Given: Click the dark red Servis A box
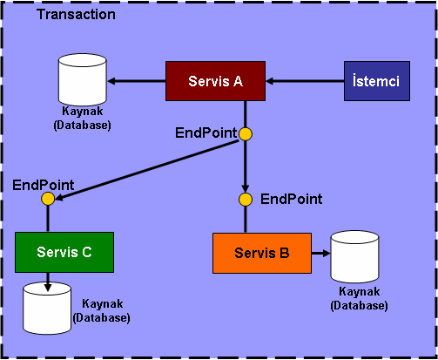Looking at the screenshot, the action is (215, 81).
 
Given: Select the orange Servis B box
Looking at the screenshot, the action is (262, 253).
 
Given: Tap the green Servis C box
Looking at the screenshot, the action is (64, 252).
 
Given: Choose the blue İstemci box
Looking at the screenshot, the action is (377, 81).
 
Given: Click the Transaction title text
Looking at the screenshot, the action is (76, 14).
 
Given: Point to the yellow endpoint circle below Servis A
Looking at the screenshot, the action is (246, 134).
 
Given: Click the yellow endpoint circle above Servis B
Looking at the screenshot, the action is (246, 200).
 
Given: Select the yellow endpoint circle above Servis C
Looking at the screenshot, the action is (48, 199).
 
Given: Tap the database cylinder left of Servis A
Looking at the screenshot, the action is (83, 79).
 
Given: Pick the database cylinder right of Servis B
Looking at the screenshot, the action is (355, 257).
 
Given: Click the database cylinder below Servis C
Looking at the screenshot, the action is (47, 309).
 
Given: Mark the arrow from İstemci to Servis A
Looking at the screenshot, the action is (305, 81).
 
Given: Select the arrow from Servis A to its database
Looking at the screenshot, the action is (137, 81).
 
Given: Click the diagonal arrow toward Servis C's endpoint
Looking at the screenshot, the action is (146, 170).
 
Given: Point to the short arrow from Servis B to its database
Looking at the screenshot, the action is (321, 254).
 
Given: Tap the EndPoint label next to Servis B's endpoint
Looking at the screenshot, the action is (292, 200).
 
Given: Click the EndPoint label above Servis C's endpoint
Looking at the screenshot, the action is (44, 185).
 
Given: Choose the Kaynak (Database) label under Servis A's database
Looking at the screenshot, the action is (83, 119).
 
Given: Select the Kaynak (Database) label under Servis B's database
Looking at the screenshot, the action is (360, 298).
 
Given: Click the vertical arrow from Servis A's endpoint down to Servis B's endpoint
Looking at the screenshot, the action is (246, 166).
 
